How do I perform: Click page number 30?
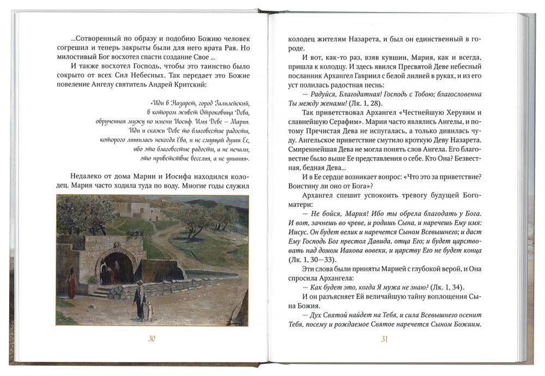click(x=152, y=339)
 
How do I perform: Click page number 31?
click(x=384, y=339)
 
